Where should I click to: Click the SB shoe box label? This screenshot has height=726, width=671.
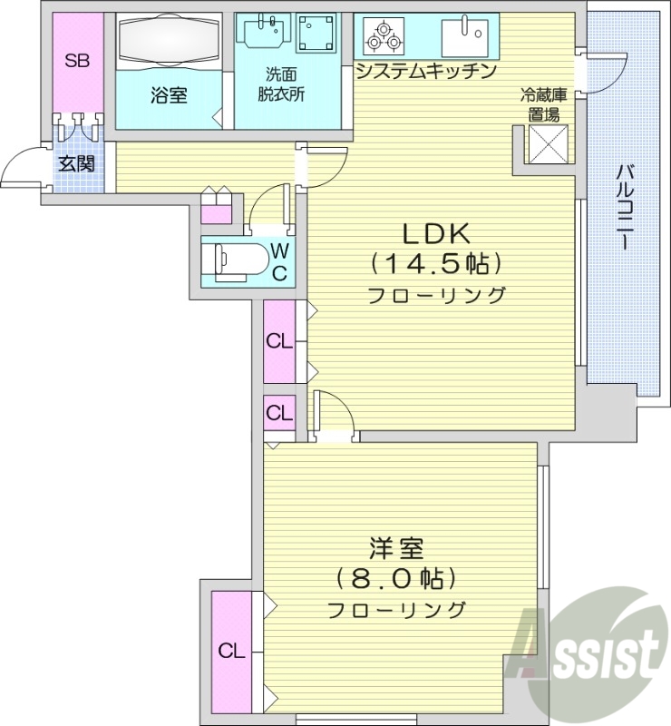(77, 61)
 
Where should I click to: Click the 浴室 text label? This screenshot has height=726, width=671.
(169, 93)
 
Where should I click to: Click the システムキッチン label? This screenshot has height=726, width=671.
(426, 72)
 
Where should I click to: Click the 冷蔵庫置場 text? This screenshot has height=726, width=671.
(541, 104)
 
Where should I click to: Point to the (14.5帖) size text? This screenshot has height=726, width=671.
(435, 265)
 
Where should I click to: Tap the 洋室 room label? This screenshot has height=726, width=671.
(396, 548)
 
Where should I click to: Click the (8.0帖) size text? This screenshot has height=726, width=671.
(395, 578)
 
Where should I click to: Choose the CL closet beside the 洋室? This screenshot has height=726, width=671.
(232, 650)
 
